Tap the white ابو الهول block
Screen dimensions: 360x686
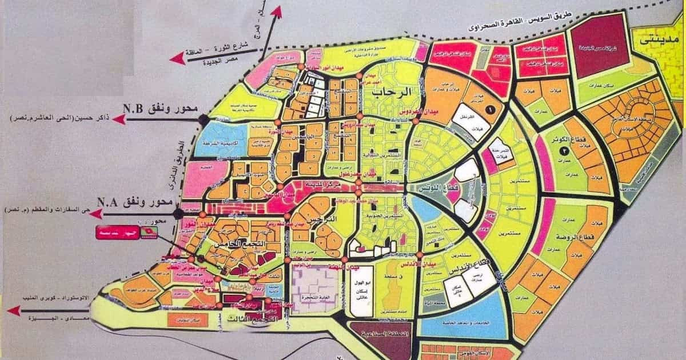tap(360, 291)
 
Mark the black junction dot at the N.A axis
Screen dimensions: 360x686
tap(178, 213)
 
